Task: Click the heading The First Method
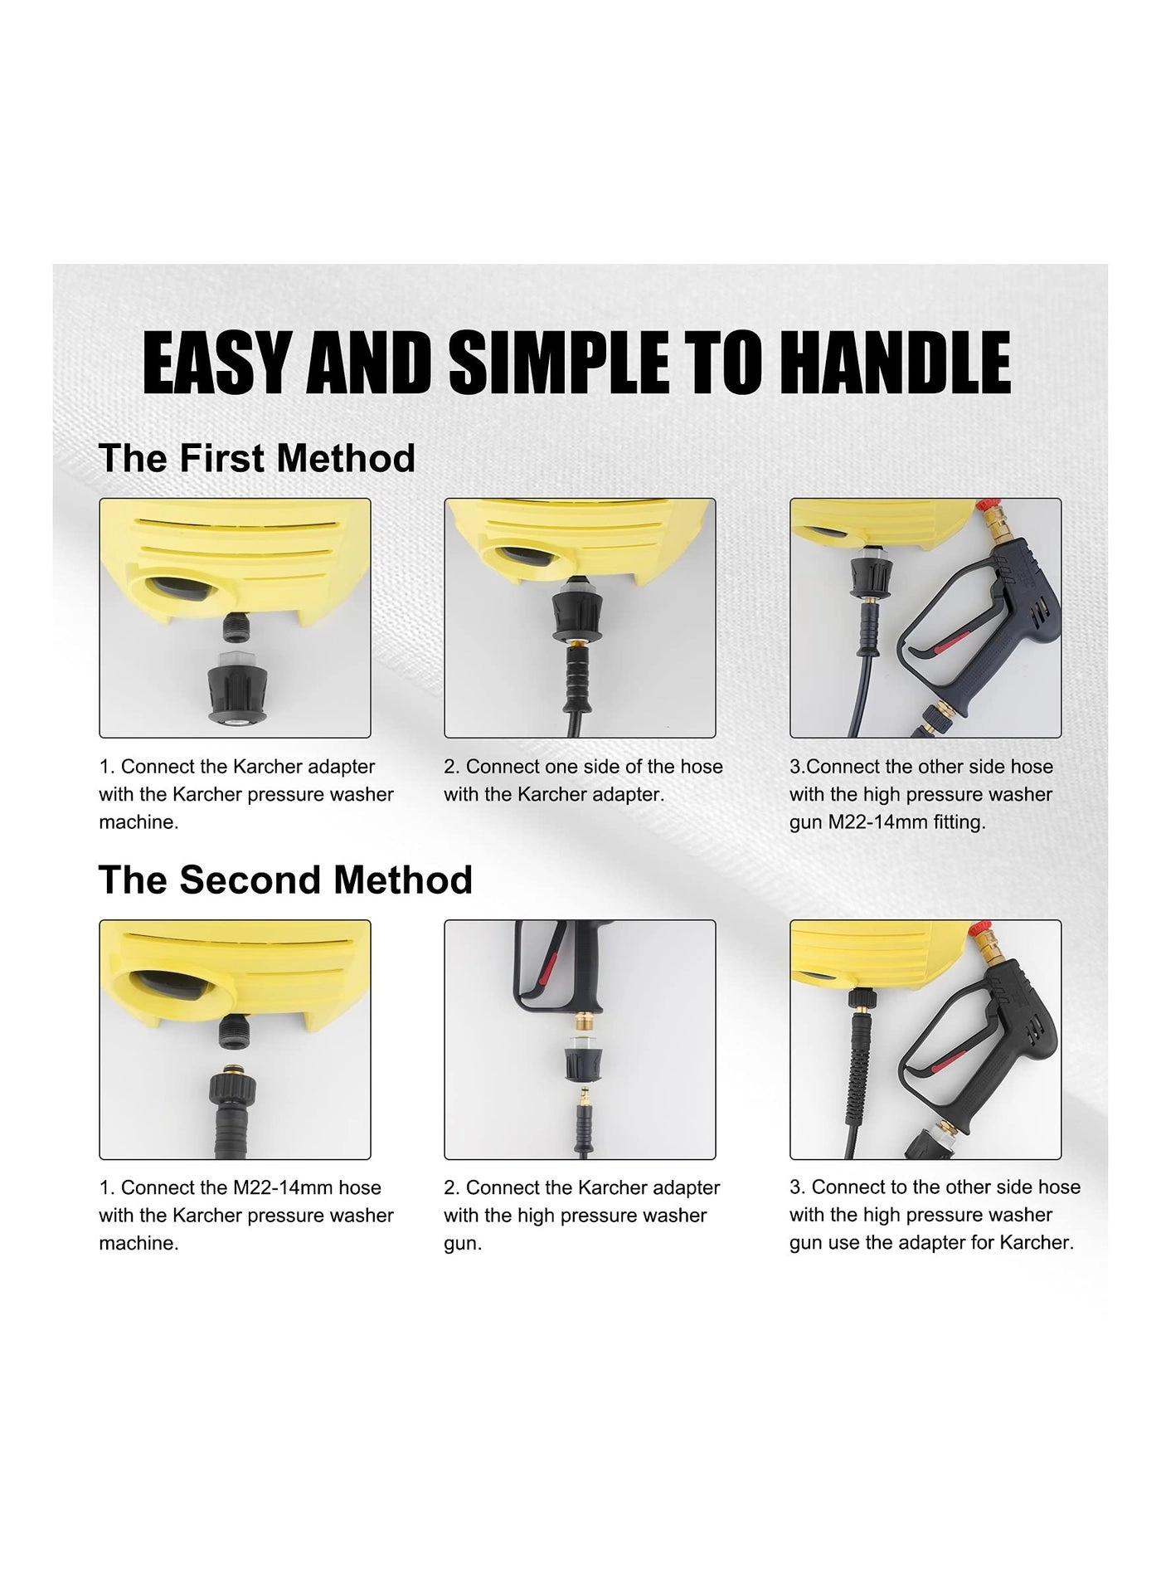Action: (x=256, y=458)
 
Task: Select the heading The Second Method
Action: (x=285, y=880)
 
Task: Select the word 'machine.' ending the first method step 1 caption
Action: (x=138, y=822)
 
